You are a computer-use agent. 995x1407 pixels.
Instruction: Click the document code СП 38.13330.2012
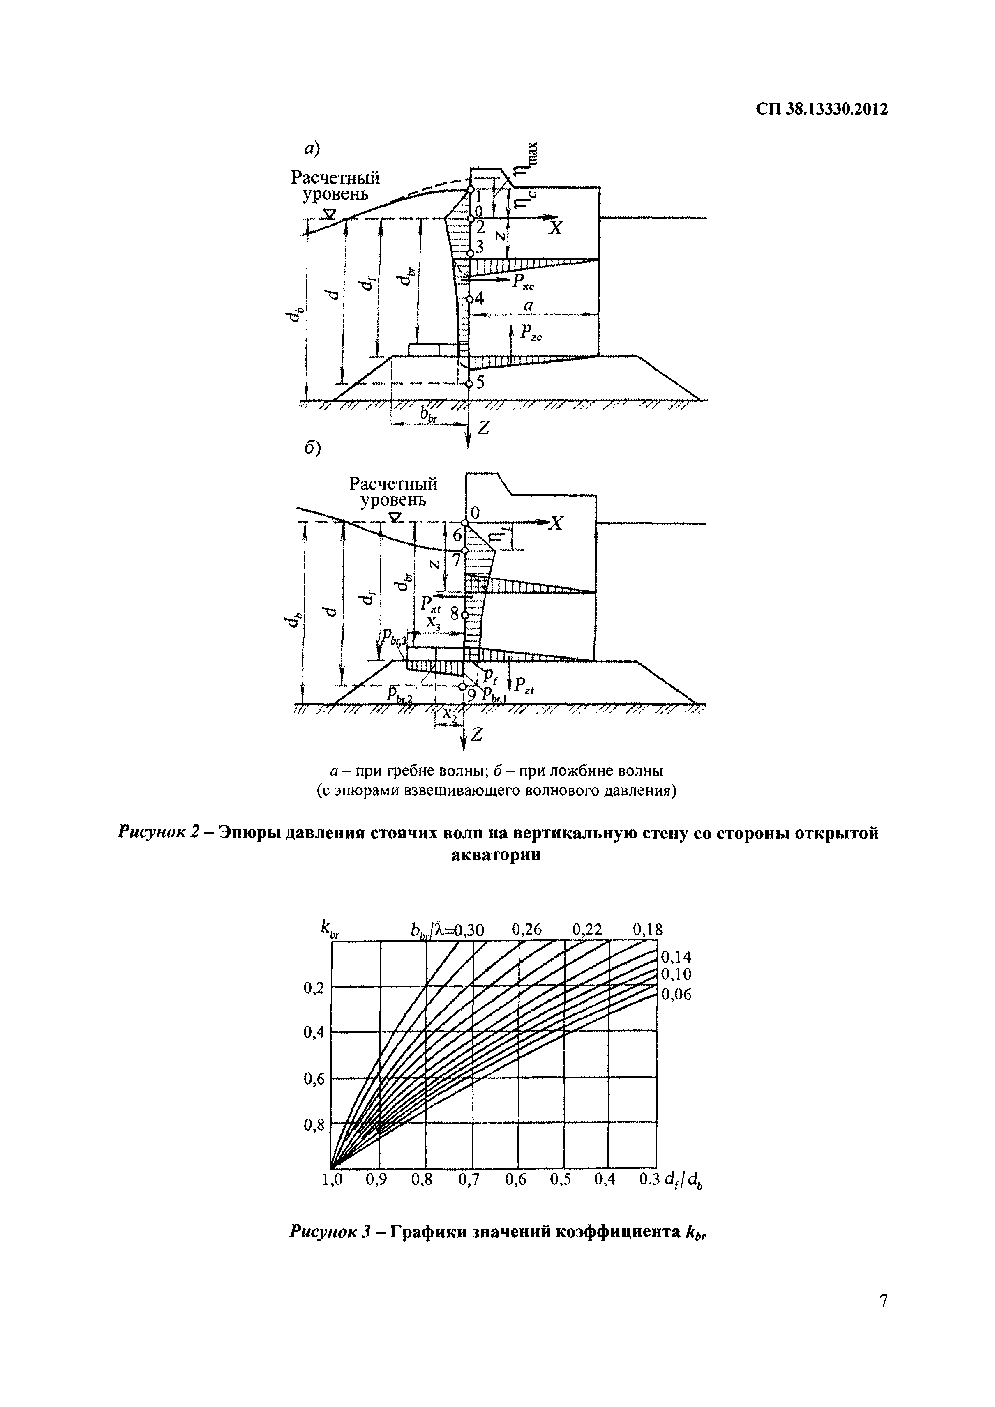click(x=822, y=110)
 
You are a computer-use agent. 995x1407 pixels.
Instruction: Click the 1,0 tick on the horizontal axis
click(x=332, y=1180)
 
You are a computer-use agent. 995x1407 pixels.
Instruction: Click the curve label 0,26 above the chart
click(x=527, y=930)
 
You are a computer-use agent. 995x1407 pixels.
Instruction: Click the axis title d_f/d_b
click(x=683, y=1181)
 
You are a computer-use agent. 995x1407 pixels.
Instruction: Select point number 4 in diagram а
click(x=478, y=298)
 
